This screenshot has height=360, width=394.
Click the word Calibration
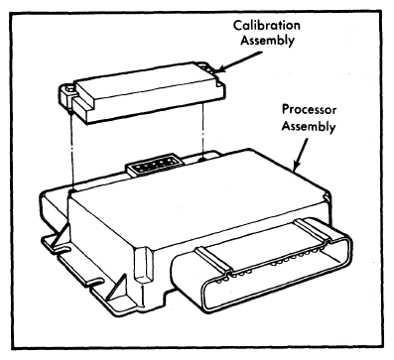click(x=267, y=26)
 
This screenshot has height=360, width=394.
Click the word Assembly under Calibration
click(x=267, y=41)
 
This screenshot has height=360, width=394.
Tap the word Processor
click(x=309, y=110)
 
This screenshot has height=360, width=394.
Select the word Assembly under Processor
click(x=309, y=127)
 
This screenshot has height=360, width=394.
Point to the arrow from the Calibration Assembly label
click(x=239, y=61)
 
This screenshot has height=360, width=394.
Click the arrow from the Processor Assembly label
click(x=300, y=155)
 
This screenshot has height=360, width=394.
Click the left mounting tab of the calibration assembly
click(x=67, y=96)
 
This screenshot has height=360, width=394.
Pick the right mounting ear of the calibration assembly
click(x=211, y=70)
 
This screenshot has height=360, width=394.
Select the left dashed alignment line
click(x=71, y=152)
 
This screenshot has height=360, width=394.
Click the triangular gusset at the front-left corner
click(x=116, y=288)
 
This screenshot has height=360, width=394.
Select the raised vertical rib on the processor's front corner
click(x=143, y=265)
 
